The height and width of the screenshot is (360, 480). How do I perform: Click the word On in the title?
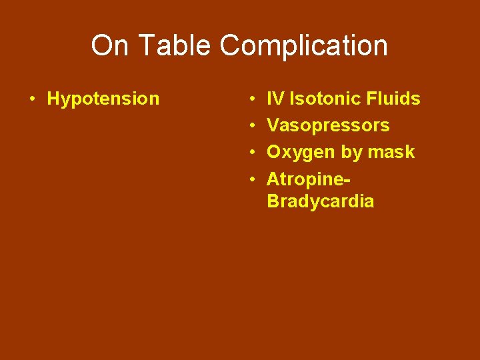click(x=106, y=46)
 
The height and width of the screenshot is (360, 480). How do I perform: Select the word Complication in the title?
click(x=303, y=46)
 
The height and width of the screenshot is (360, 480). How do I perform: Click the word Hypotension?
click(x=103, y=99)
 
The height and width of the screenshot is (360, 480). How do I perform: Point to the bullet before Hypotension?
click(x=31, y=99)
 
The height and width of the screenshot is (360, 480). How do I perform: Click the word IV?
click(x=275, y=99)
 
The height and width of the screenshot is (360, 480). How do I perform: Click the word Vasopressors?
click(x=328, y=126)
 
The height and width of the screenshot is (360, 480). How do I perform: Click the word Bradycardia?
click(x=320, y=201)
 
